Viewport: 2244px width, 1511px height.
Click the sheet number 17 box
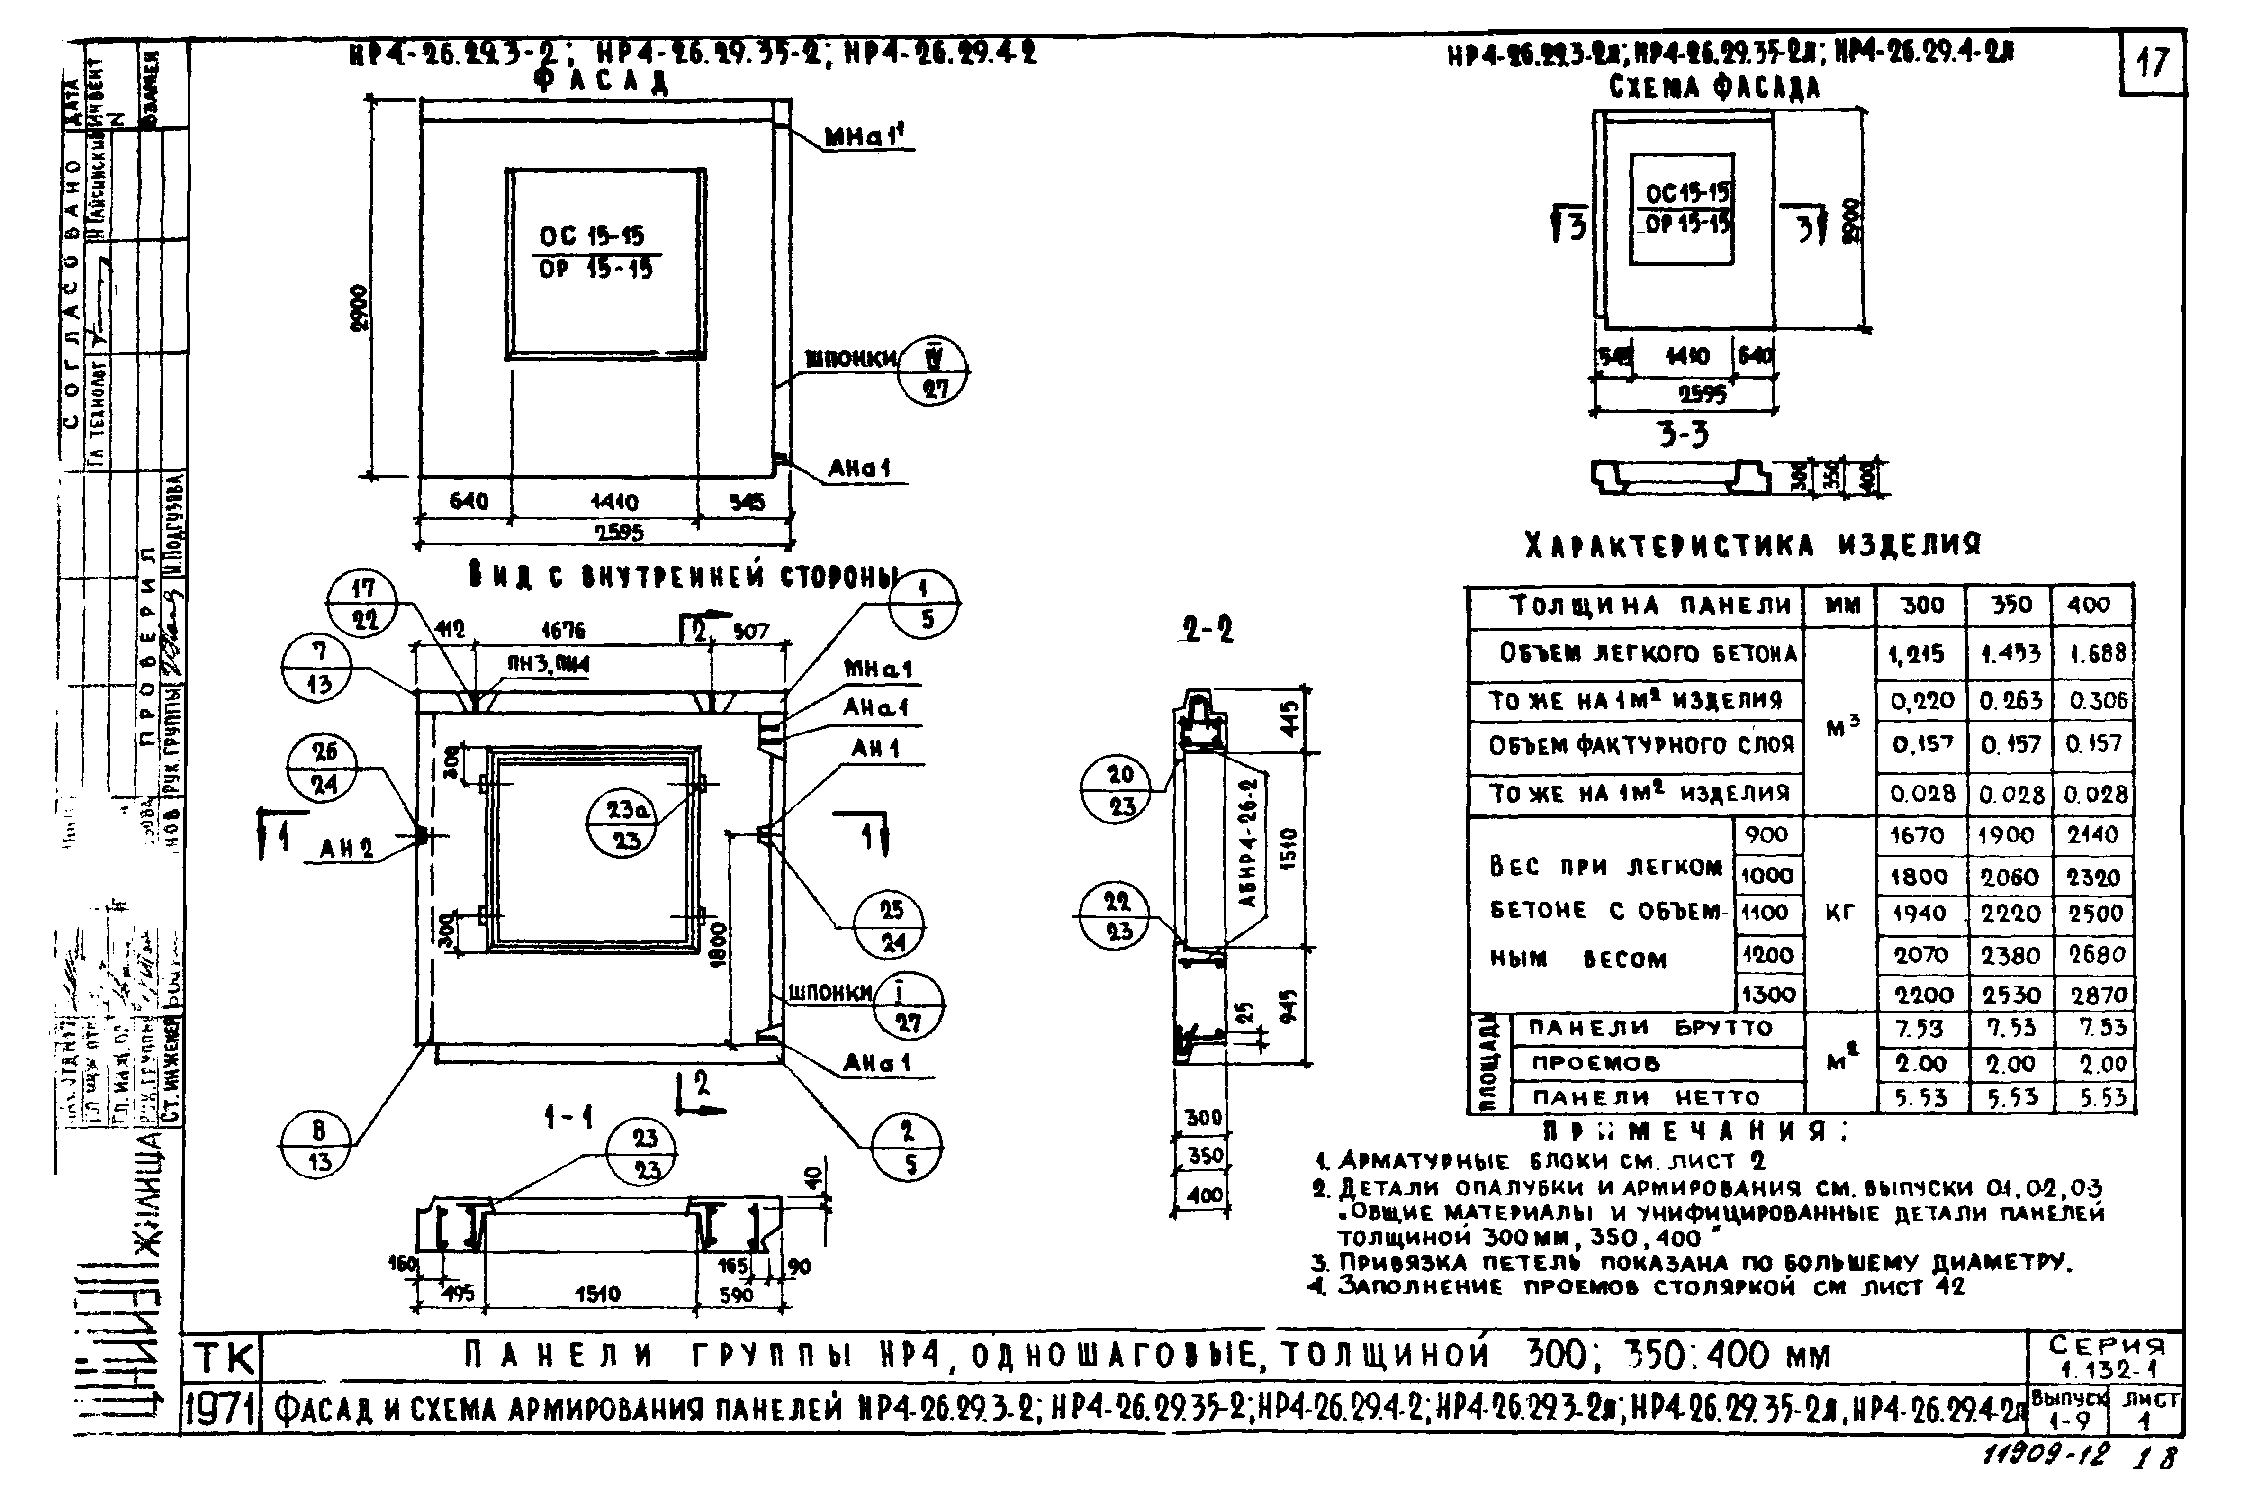pyautogui.click(x=2152, y=63)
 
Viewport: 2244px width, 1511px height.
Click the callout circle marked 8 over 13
pyautogui.click(x=319, y=1145)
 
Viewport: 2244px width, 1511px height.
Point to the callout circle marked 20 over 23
pyautogui.click(x=1119, y=789)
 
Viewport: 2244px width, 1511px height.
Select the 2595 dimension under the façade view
pyautogui.click(x=618, y=532)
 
